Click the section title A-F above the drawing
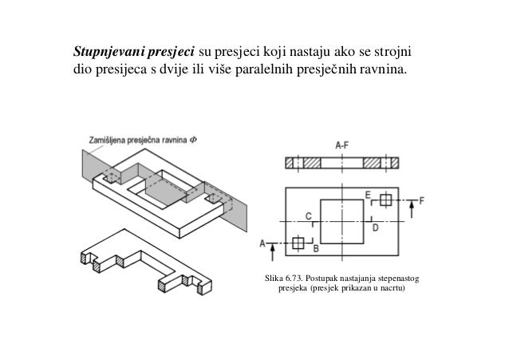(x=341, y=145)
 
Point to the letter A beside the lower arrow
(x=262, y=243)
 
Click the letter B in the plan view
(x=315, y=250)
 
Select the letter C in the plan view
(x=308, y=214)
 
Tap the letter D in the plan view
(x=375, y=227)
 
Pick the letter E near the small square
(x=368, y=194)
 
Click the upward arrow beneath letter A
(x=273, y=251)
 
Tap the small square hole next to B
(x=298, y=243)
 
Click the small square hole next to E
(x=385, y=200)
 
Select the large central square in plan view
(x=342, y=220)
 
